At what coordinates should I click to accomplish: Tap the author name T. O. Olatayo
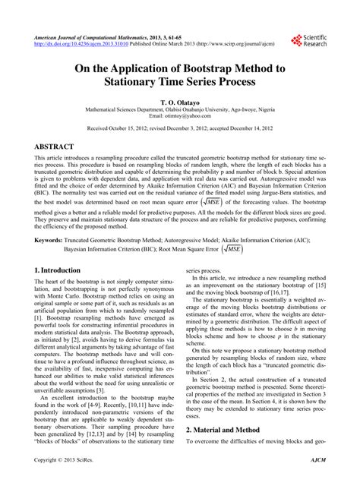coord(179,100)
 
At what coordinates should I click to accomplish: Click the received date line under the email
coord(179,130)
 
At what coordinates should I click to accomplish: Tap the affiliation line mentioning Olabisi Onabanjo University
coord(179,109)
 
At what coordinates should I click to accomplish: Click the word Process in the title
coord(248,81)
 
